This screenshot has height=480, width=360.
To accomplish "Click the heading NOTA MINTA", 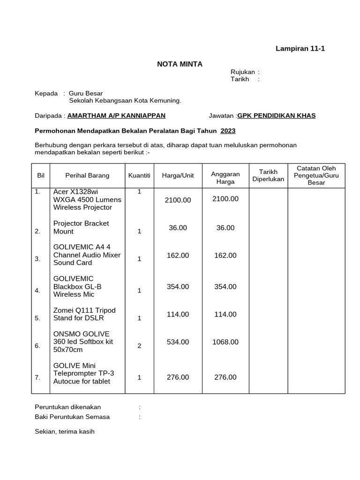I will [180, 64].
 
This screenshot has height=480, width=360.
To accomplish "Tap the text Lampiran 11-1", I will [300, 48].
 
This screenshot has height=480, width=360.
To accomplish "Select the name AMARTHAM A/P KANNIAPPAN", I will [116, 116].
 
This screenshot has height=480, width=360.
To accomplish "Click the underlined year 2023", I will [228, 131].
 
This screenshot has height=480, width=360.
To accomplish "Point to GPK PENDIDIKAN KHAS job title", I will [277, 116].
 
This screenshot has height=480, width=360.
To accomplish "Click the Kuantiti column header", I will [139, 175].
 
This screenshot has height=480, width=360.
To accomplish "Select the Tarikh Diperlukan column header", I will [268, 175].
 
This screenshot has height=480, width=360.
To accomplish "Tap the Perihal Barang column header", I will [87, 175].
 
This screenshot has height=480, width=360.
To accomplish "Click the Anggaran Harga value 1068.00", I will [225, 342].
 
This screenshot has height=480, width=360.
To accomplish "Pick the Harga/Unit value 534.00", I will [178, 342].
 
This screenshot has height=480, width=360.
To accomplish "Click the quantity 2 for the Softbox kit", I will [139, 346].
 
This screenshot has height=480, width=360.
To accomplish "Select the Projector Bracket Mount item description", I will [81, 227].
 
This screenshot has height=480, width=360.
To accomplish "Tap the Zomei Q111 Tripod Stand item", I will [84, 314].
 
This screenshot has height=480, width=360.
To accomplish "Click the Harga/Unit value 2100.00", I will [178, 200].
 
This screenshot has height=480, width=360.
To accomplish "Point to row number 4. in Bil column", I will [37, 291].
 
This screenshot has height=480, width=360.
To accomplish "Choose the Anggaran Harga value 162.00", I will [225, 255].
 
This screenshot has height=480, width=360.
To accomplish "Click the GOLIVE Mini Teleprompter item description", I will [83, 373].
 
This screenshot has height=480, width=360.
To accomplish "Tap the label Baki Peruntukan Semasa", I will [72, 417].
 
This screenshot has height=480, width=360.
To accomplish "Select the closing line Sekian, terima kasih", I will [65, 431].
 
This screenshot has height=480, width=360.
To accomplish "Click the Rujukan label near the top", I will [242, 72].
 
